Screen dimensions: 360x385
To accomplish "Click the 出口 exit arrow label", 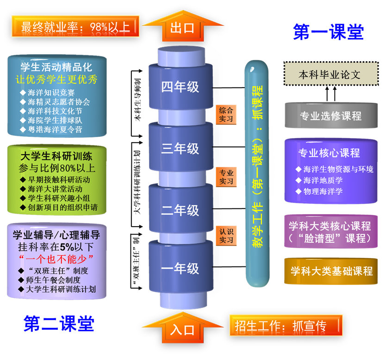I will [182, 28].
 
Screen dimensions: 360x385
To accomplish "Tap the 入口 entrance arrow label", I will [182, 330].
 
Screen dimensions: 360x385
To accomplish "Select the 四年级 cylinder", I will [180, 87].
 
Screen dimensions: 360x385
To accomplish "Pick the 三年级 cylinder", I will [180, 149].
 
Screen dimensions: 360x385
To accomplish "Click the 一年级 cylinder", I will [180, 268].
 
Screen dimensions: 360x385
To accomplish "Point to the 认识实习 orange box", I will [226, 235].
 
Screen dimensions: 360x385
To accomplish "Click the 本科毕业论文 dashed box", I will [329, 74].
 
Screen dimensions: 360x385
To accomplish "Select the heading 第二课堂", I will [59, 323].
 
